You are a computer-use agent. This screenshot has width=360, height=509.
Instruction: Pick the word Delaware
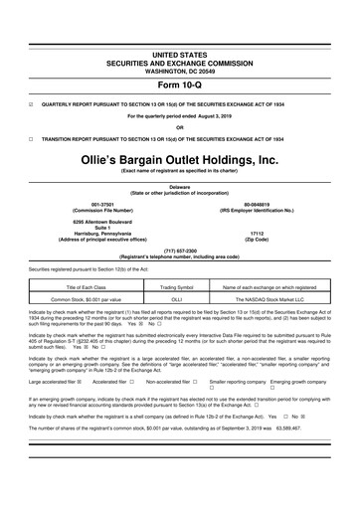[179, 185]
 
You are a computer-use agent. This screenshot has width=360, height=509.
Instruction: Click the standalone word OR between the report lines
[179, 126]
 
